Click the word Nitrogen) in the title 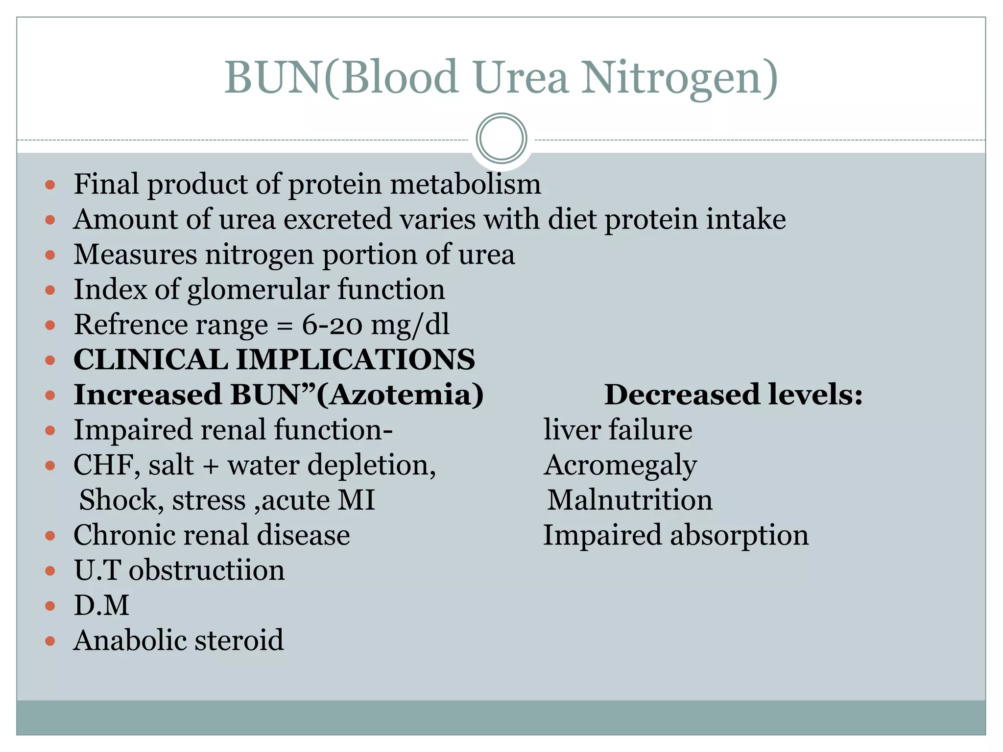click(680, 78)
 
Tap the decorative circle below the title click(501, 139)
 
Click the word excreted click(338, 219)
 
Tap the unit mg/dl click(410, 326)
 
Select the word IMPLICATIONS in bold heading click(356, 359)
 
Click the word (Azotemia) click(400, 395)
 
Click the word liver click(572, 430)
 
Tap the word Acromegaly click(620, 466)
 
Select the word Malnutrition click(630, 500)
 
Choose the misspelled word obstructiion click(206, 570)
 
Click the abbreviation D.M click(101, 605)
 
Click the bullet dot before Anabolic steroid click(50, 641)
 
